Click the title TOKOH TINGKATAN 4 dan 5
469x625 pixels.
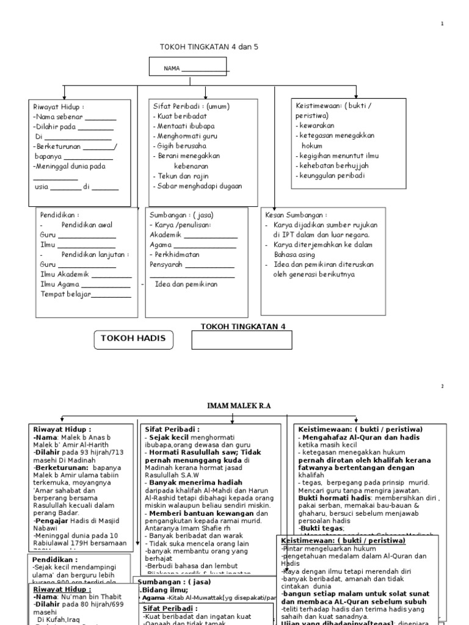click(205, 46)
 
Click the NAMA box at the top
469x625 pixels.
click(188, 67)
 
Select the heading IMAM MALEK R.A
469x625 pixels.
click(239, 406)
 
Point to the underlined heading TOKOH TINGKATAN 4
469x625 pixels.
click(243, 327)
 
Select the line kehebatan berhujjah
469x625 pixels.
click(332, 165)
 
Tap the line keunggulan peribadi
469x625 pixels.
click(331, 175)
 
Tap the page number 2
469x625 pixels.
click(442, 387)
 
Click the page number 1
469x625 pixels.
click(442, 24)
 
